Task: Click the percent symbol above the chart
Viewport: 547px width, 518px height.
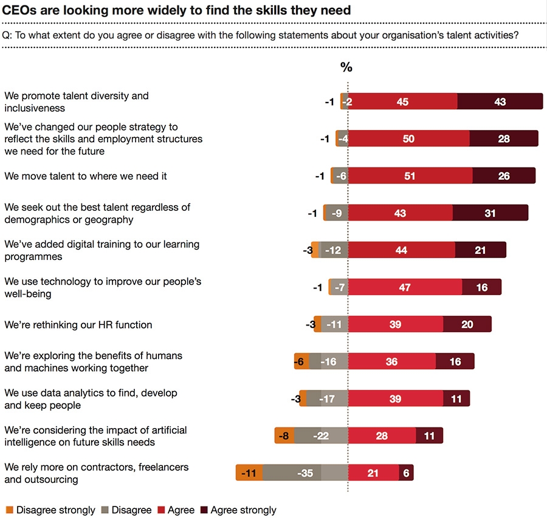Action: [x=346, y=67]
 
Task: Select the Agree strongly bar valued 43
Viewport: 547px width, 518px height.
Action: [x=500, y=102]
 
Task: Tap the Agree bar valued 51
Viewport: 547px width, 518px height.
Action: [x=410, y=176]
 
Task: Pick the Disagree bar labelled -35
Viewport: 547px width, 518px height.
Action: [x=305, y=472]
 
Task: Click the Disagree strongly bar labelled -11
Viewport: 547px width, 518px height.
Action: [x=249, y=472]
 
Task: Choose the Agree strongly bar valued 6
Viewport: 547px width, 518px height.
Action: [x=406, y=472]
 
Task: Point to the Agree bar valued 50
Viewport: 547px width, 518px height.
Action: [x=408, y=139]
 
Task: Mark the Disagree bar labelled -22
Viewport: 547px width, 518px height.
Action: [x=321, y=435]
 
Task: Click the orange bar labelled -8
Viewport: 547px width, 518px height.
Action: [x=284, y=435]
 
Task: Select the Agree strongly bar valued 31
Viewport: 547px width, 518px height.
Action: [x=490, y=213]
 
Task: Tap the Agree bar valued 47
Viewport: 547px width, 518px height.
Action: [x=405, y=287]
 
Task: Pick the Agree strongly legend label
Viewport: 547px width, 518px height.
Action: [x=243, y=510]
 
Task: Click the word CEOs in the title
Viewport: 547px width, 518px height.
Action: [x=18, y=10]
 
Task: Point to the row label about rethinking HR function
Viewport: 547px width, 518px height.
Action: [x=78, y=324]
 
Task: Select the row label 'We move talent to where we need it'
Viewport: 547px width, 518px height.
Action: [x=86, y=176]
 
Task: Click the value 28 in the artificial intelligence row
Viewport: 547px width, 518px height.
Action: [x=381, y=435]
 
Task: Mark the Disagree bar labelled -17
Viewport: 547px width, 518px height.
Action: [x=327, y=398]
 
